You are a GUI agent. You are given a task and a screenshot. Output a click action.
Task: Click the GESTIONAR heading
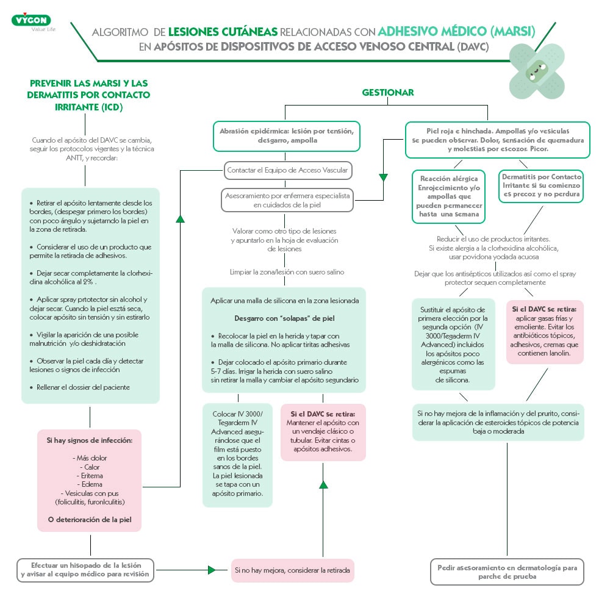point(388,93)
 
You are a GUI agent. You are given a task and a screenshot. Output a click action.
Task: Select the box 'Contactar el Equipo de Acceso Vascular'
point(287,170)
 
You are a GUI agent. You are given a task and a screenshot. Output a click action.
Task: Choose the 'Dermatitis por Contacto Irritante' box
point(542,186)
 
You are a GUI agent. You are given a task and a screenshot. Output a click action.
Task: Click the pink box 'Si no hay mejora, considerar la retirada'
point(293,570)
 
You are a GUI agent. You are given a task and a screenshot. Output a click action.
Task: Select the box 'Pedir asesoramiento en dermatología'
point(507,572)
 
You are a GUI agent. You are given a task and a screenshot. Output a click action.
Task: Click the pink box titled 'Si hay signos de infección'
point(90,480)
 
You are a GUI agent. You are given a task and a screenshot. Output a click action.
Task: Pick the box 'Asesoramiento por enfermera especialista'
point(287,200)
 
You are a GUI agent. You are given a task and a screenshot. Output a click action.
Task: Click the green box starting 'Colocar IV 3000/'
point(237,454)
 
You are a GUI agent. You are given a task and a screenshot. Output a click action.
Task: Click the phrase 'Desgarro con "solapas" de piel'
point(284,318)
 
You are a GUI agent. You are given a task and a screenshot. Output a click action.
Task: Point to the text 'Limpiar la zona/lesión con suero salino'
point(287,272)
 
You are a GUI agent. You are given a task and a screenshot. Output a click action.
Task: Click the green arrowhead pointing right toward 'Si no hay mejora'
point(212,570)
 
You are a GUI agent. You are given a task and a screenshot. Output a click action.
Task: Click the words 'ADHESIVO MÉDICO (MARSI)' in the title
point(456,31)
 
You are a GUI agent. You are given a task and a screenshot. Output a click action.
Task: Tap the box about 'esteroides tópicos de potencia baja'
point(498,422)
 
